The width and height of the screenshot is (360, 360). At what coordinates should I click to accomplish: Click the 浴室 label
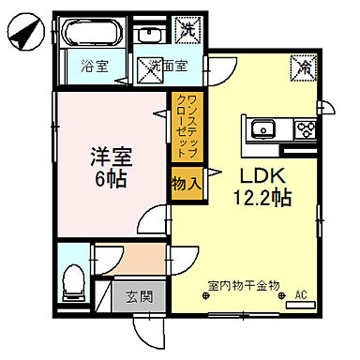tap(93, 67)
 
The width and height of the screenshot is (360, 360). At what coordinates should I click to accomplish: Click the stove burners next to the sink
tap(304, 129)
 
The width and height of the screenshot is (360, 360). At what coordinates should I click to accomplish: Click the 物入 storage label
tap(186, 184)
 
